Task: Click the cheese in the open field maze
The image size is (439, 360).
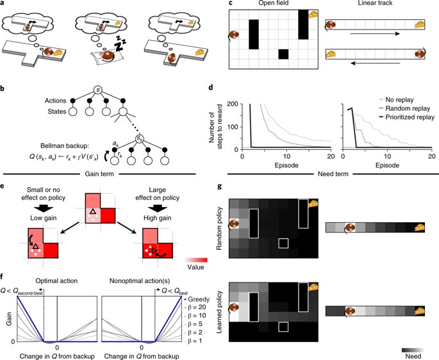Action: click(x=313, y=15)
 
